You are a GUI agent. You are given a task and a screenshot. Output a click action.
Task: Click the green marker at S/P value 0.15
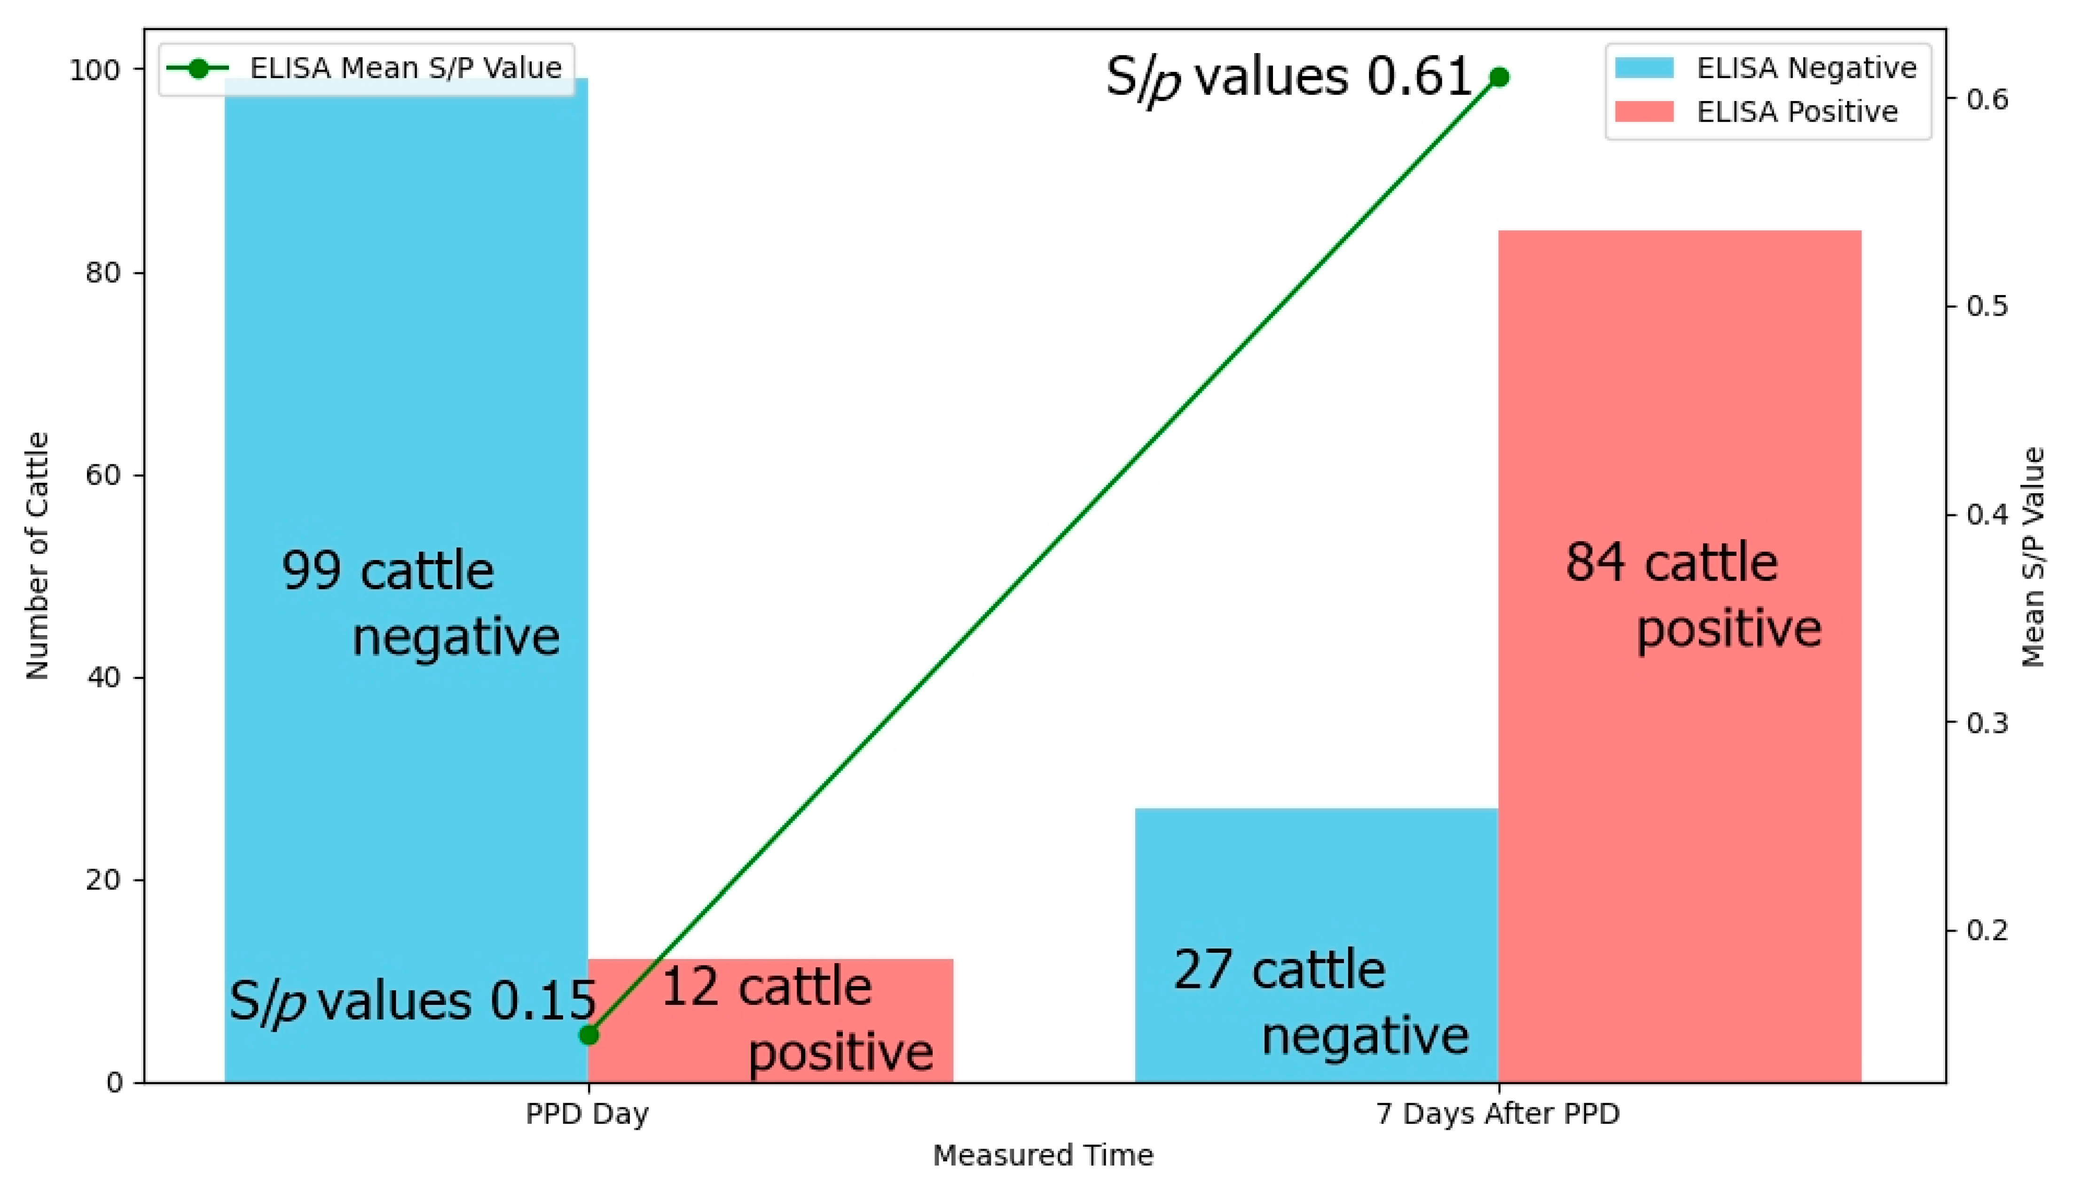(589, 1035)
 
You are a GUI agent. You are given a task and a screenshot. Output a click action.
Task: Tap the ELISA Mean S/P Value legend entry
(365, 68)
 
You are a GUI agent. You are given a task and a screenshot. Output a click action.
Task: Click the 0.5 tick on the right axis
(1986, 306)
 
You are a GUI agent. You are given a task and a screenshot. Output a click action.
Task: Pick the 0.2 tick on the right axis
(1986, 930)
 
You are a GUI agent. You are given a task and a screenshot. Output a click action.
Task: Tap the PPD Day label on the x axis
(587, 1113)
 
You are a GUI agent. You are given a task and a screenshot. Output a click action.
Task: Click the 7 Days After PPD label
(1497, 1113)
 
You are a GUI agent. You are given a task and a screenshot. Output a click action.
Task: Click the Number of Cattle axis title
(37, 556)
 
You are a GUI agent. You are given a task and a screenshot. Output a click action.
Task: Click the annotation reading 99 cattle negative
(420, 602)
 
